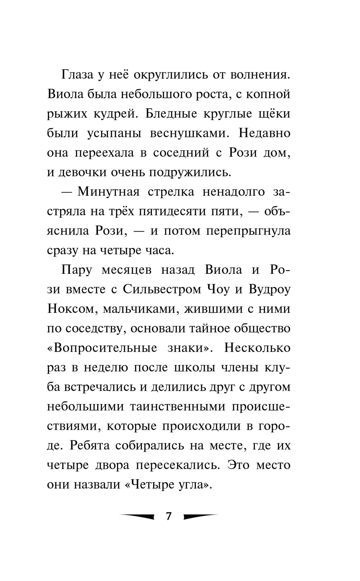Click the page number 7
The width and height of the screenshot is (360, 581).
[168, 516]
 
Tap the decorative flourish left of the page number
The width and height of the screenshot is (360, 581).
[137, 516]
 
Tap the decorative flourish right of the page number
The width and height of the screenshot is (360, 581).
[201, 516]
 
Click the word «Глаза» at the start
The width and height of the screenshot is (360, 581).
[77, 75]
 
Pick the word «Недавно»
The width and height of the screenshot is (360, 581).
[265, 133]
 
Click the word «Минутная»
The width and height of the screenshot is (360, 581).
[108, 192]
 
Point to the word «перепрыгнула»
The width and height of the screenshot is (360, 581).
[248, 231]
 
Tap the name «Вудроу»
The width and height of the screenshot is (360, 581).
[269, 289]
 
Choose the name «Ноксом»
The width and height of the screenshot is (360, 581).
[71, 309]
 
